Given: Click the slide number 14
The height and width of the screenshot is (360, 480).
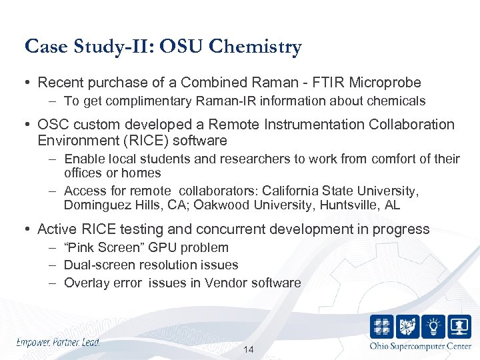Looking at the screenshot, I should tap(249, 350).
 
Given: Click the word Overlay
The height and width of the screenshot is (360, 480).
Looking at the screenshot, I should tap(85, 283).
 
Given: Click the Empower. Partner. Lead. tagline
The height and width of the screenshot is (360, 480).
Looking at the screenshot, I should tap(59, 342).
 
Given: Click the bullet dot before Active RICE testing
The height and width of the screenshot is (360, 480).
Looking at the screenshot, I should tap(29, 229).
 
